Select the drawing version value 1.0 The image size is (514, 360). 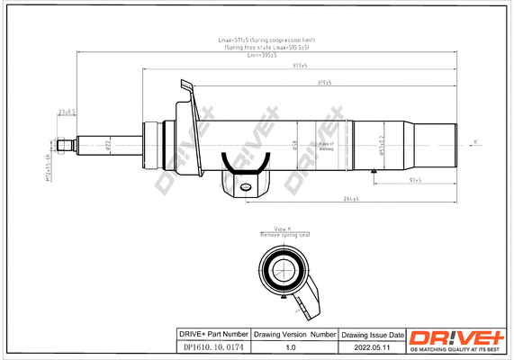[x=290, y=346]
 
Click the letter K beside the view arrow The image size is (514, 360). [x=476, y=139]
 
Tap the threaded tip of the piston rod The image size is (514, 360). [x=65, y=145]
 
